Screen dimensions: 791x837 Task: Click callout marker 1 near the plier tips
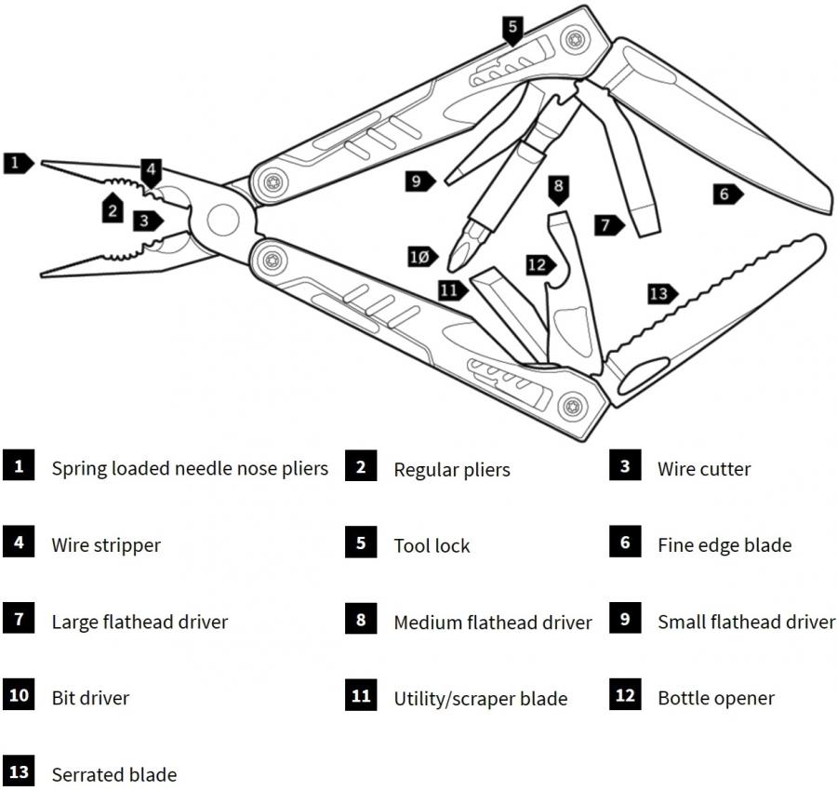(x=16, y=164)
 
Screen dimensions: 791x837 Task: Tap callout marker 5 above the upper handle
(x=512, y=28)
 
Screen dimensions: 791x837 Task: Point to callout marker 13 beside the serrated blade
(x=658, y=294)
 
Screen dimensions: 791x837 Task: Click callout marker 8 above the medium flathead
(x=558, y=187)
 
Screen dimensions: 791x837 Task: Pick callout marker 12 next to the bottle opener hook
(x=537, y=264)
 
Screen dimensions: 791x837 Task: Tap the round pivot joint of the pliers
(x=221, y=220)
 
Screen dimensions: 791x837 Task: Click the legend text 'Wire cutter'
(x=703, y=469)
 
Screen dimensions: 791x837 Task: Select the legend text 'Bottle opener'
(x=715, y=698)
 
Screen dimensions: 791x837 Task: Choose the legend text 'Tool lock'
(x=432, y=545)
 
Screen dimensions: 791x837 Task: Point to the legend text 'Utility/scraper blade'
(x=480, y=698)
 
